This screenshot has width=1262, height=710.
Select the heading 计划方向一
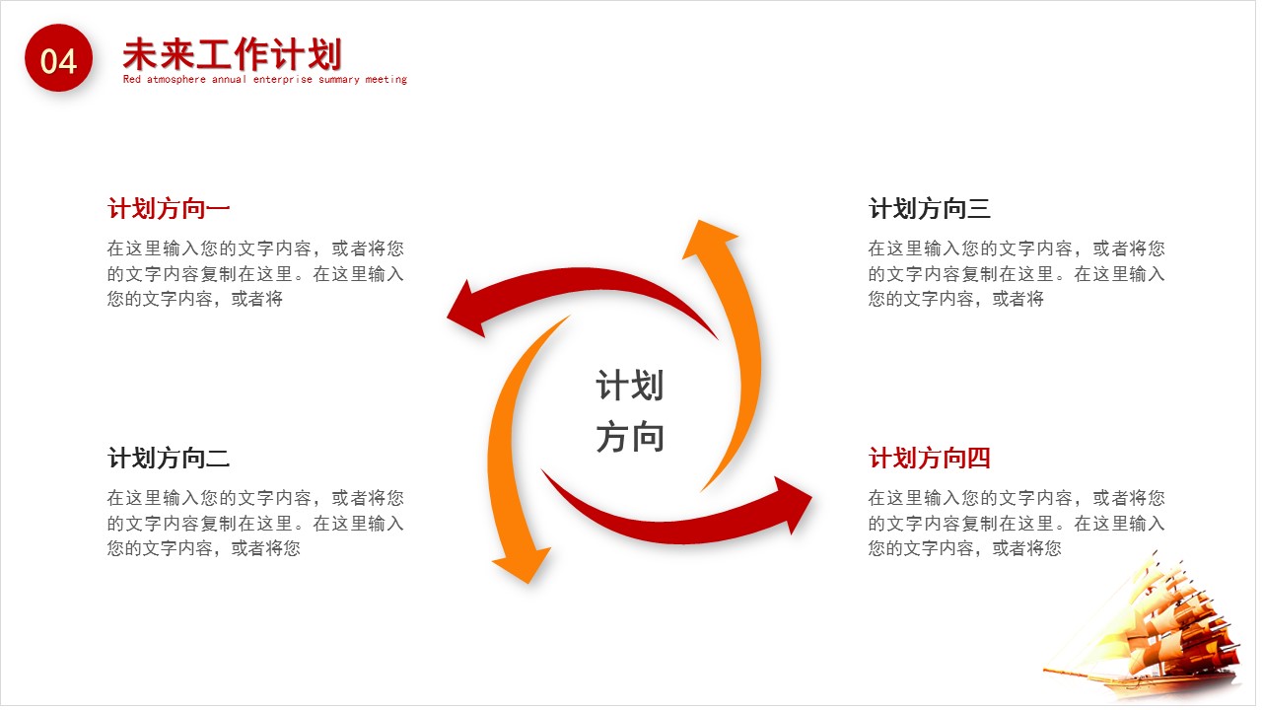169,209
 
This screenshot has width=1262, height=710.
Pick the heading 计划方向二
169,459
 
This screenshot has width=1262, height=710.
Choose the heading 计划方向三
929,209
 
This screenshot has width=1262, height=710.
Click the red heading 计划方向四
929,459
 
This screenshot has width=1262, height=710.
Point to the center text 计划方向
629,411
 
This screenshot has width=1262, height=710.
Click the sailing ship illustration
1154,631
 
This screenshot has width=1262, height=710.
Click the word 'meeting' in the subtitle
386,80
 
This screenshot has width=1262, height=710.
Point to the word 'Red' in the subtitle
132,80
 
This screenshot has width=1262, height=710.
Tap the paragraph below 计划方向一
255,274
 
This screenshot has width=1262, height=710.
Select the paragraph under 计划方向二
255,524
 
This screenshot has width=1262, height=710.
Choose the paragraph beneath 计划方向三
1016,274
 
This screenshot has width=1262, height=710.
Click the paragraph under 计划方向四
1016,524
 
